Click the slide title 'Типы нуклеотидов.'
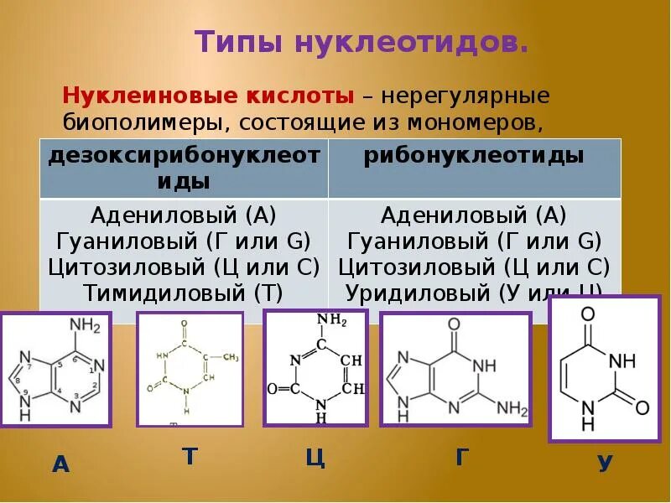click(x=362, y=41)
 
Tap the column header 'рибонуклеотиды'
click(x=474, y=156)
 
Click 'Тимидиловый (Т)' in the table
click(x=183, y=293)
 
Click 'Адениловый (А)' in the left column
click(x=183, y=215)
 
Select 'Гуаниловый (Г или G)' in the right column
click(x=474, y=241)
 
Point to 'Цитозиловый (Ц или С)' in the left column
click(x=183, y=267)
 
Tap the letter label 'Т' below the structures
click(x=190, y=456)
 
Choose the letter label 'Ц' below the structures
click(x=315, y=459)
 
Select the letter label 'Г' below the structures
click(x=462, y=457)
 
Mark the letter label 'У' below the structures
click(x=605, y=464)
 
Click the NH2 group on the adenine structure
click(x=85, y=326)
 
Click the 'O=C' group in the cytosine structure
click(x=283, y=389)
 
